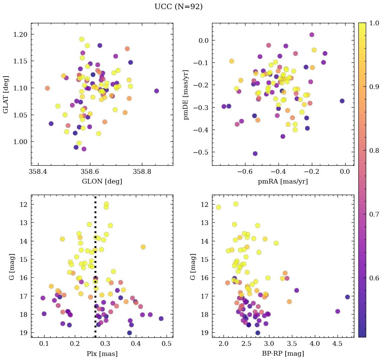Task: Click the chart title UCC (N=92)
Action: click(x=178, y=7)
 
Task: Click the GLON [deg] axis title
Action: click(x=102, y=182)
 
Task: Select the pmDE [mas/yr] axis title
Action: click(x=185, y=94)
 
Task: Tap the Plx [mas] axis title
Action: click(x=102, y=354)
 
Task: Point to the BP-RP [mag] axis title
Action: click(x=283, y=354)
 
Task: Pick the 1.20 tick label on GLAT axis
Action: click(x=21, y=34)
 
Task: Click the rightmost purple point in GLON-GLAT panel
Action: click(x=156, y=91)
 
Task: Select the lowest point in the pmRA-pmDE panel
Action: click(x=255, y=154)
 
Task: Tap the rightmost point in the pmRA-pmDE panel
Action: click(x=342, y=101)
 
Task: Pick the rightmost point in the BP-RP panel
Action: click(x=348, y=297)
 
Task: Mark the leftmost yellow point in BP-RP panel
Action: click(x=218, y=207)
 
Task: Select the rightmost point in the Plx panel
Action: click(x=161, y=319)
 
